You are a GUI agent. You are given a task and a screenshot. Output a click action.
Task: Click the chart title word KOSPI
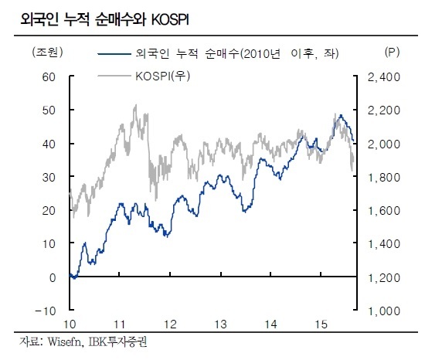(x=170, y=20)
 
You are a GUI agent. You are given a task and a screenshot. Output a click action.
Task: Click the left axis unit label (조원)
(x=47, y=52)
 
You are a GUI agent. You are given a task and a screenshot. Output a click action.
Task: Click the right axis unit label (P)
(x=392, y=52)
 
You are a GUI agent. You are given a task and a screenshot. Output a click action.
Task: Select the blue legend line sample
(x=114, y=54)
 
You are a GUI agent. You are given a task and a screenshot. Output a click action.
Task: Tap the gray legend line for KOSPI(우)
(x=114, y=76)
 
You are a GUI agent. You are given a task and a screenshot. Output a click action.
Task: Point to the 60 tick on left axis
(x=49, y=77)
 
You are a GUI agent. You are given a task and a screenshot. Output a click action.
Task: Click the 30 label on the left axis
(x=49, y=178)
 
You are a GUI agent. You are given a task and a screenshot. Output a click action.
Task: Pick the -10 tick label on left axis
(x=46, y=311)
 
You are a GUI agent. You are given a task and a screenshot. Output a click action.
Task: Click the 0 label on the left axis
(x=53, y=277)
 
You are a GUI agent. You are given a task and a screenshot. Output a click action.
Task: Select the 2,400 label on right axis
(x=384, y=77)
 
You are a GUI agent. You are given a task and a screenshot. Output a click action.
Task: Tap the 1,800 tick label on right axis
(x=384, y=178)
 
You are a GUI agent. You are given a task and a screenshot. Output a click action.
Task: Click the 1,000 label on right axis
(x=384, y=311)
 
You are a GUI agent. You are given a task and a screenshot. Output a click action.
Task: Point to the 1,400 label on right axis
(x=384, y=244)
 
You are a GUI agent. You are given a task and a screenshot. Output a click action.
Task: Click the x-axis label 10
(x=70, y=324)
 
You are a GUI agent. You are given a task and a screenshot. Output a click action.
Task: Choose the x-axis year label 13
(x=221, y=324)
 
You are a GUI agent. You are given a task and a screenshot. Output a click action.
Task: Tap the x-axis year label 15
(x=321, y=324)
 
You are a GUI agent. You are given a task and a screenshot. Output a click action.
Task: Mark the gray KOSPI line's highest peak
(x=135, y=105)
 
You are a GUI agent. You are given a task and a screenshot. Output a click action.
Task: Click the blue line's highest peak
(x=341, y=115)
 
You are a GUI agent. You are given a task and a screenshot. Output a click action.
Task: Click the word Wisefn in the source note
(x=64, y=342)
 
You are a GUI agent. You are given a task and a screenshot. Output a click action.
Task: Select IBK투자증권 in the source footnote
(x=118, y=342)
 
